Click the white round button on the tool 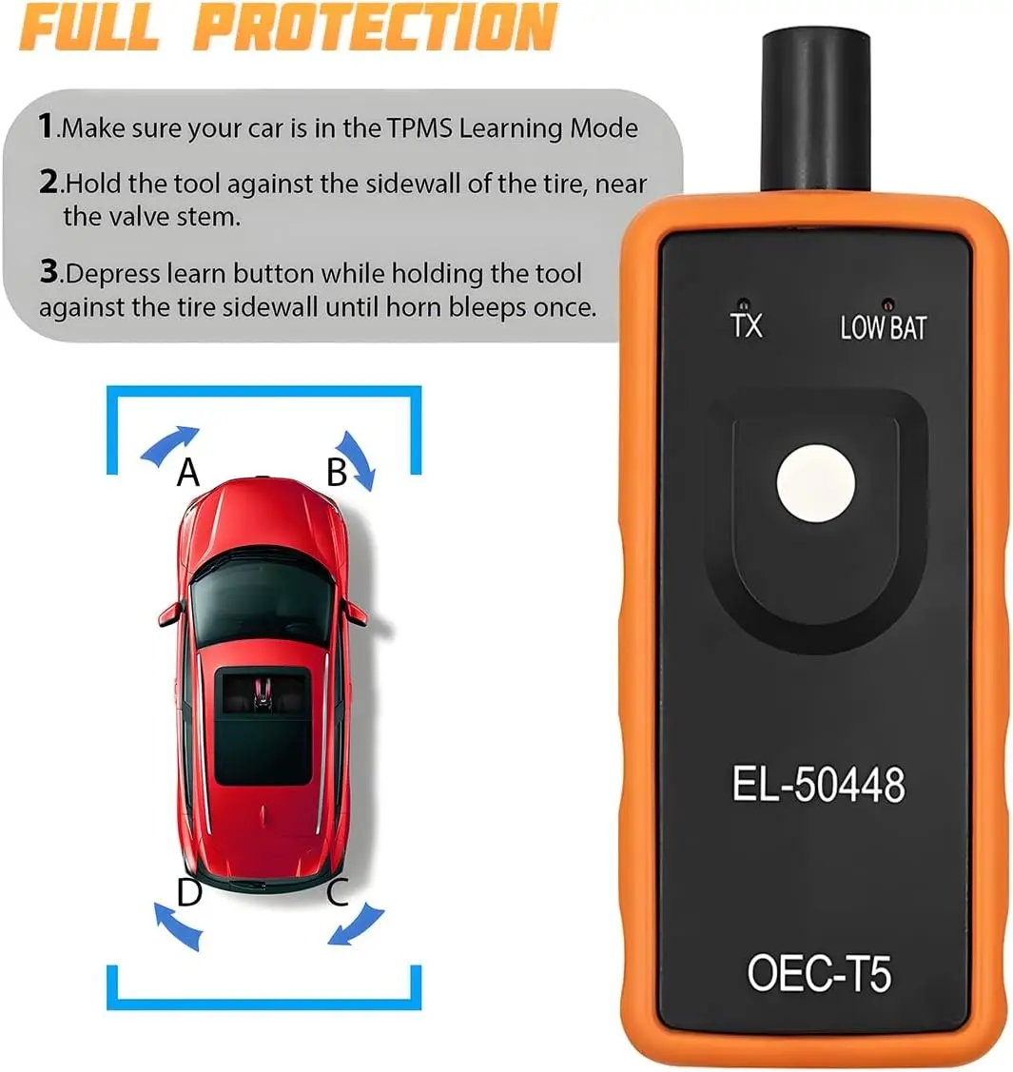point(815,483)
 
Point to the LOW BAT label point(883,327)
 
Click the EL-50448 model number point(818,784)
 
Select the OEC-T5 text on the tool point(819,973)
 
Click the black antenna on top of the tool point(815,110)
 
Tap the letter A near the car point(188,472)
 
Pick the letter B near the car point(337,472)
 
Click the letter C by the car point(338,891)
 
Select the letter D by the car point(189,891)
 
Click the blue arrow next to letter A point(166,442)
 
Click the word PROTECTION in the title point(375,28)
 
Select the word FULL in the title point(88,28)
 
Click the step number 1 point(45,126)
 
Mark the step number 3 point(49,271)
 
